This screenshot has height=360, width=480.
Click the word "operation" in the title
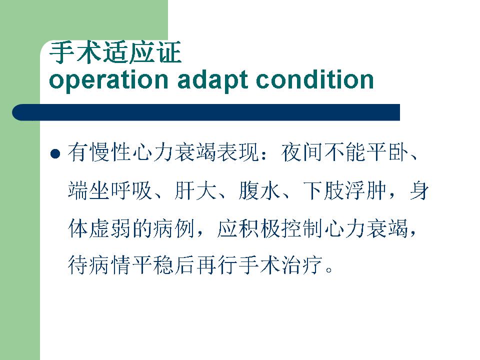(108, 80)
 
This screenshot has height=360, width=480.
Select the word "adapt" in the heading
(212, 80)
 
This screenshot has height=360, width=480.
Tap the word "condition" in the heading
(314, 79)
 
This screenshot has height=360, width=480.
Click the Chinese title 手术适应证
(115, 52)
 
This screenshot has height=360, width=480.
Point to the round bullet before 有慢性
(55, 153)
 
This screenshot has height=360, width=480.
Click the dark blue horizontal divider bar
(205, 112)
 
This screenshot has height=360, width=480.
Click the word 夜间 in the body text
(302, 152)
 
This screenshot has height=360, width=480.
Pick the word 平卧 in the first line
(388, 152)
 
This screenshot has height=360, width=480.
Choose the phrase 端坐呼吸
(110, 190)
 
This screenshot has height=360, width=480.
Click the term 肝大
(195, 190)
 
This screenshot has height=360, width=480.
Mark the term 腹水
(259, 190)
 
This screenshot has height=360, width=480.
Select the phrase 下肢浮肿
(345, 190)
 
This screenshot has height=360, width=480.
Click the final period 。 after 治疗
(329, 269)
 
